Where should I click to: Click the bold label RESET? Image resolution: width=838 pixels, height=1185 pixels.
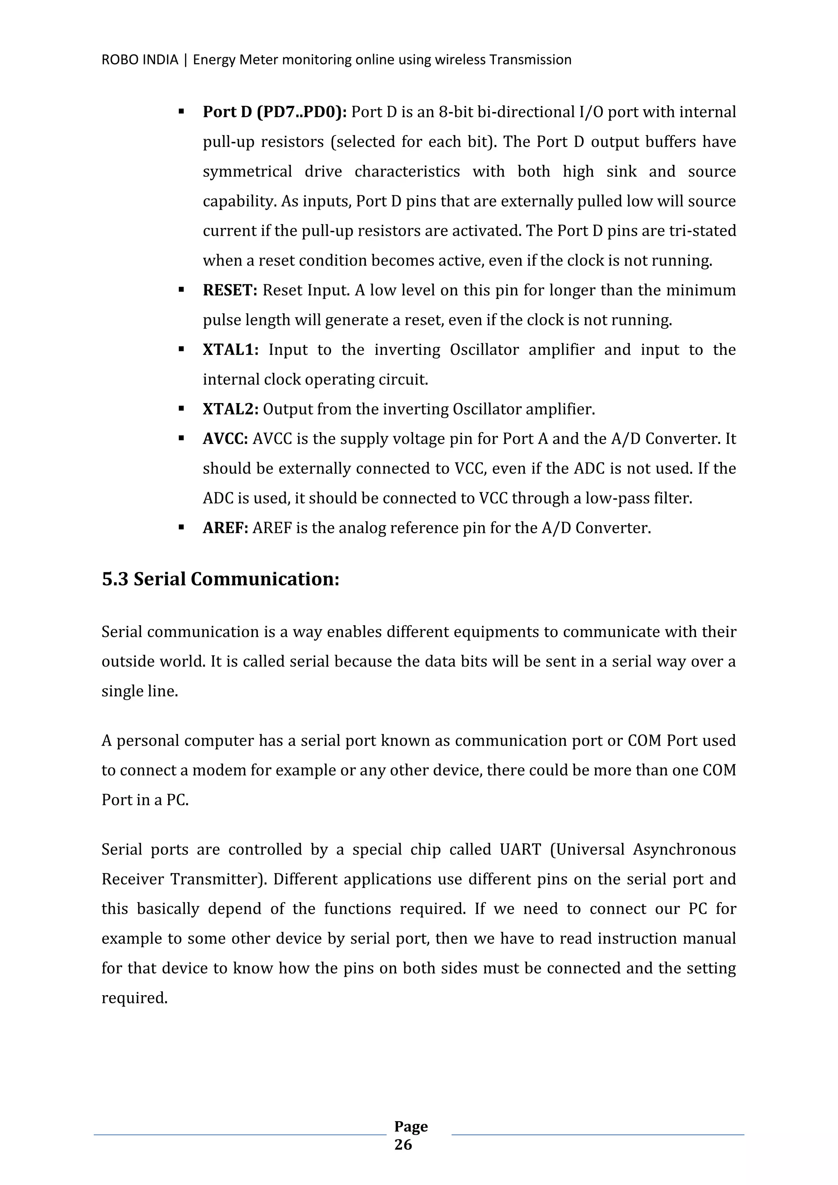(x=230, y=291)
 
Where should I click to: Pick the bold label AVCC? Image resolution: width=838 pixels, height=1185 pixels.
(x=225, y=439)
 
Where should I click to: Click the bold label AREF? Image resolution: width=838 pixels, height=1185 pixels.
(x=225, y=529)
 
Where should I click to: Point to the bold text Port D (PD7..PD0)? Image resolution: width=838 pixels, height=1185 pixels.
(x=275, y=112)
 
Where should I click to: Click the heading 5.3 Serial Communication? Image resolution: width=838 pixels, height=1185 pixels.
(x=220, y=579)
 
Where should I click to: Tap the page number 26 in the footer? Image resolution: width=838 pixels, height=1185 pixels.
(x=403, y=1145)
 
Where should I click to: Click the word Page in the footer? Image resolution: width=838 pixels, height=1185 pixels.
(x=411, y=1126)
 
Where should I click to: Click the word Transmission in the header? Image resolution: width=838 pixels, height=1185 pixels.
(x=530, y=60)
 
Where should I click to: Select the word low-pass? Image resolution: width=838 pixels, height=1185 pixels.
(x=624, y=498)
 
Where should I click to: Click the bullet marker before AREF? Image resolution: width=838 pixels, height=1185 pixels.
(x=181, y=527)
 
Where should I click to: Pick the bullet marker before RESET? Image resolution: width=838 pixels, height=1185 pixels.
(x=181, y=290)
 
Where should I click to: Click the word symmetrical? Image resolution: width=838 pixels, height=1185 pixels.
(x=247, y=171)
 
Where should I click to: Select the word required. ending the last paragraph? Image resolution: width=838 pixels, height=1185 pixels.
(x=134, y=998)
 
